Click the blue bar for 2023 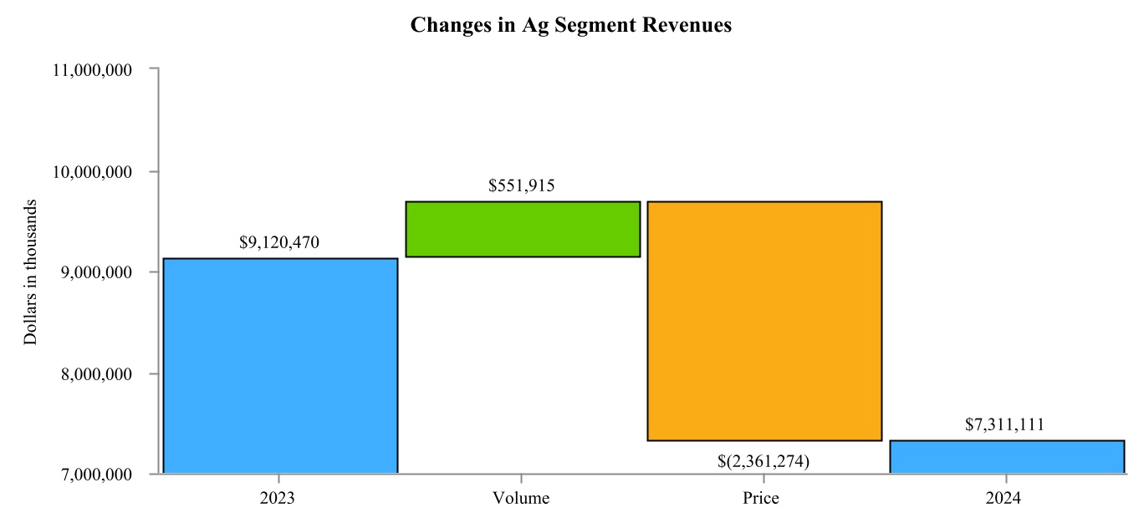279,366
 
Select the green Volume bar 522,229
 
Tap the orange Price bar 764,321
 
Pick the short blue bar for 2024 1006,456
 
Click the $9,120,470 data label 279,243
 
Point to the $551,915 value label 522,185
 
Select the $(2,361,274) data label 764,460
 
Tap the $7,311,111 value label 1006,424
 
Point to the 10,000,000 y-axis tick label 91,172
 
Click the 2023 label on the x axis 279,499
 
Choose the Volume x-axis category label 522,499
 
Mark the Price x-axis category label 761,499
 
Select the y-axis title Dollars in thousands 31,272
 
